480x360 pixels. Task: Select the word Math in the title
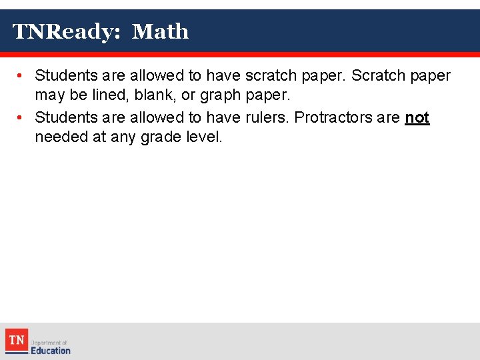160,31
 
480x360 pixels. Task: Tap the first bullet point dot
21,76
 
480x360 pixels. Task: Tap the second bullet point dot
21,118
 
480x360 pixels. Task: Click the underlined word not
417,118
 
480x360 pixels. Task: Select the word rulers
267,118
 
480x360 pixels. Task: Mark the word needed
60,138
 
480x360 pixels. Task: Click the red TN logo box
17,340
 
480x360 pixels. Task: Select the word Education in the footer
51,350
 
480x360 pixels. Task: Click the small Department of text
49,342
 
